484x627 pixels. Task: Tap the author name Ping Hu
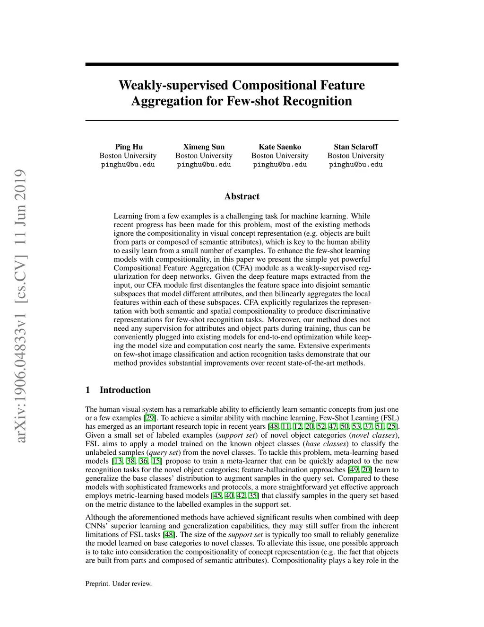point(129,147)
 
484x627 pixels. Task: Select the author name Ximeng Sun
point(204,147)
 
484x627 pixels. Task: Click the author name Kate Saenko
point(280,147)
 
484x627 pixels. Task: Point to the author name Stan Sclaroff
point(355,147)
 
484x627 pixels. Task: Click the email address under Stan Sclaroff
point(355,165)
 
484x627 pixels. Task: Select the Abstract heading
point(242,196)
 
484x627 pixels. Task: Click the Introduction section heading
point(125,390)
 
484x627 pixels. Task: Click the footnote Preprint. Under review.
point(118,583)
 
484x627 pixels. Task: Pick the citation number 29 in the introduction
point(150,418)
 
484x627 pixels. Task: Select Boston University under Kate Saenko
point(280,156)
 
